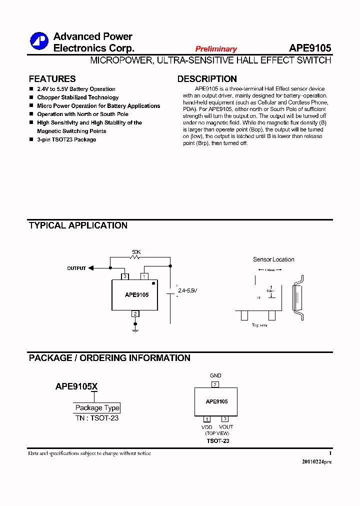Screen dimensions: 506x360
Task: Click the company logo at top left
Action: point(39,41)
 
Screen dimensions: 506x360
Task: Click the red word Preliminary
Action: point(216,49)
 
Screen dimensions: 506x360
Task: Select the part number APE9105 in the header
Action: point(309,48)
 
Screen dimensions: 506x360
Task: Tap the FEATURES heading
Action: point(52,79)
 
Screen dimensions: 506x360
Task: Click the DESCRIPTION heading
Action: point(207,79)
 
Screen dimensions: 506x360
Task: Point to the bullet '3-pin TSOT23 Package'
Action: point(66,139)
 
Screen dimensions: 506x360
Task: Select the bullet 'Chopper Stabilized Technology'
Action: point(77,97)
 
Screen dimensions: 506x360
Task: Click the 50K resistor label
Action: point(136,251)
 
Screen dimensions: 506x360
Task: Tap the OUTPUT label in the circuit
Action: point(76,268)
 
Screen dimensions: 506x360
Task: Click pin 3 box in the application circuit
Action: point(124,276)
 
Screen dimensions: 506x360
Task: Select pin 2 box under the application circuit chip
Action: point(135,313)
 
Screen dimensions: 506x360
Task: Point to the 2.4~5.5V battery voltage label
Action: point(187,290)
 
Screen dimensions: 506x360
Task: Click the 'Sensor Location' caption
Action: point(273,259)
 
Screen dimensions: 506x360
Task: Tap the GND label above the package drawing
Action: point(215,375)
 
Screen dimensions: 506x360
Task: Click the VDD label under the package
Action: point(207,427)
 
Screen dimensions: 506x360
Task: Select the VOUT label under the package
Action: point(226,427)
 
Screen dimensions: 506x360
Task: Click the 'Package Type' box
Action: point(97,408)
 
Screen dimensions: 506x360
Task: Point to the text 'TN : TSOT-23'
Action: point(97,418)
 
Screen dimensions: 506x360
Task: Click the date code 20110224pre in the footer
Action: point(316,461)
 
